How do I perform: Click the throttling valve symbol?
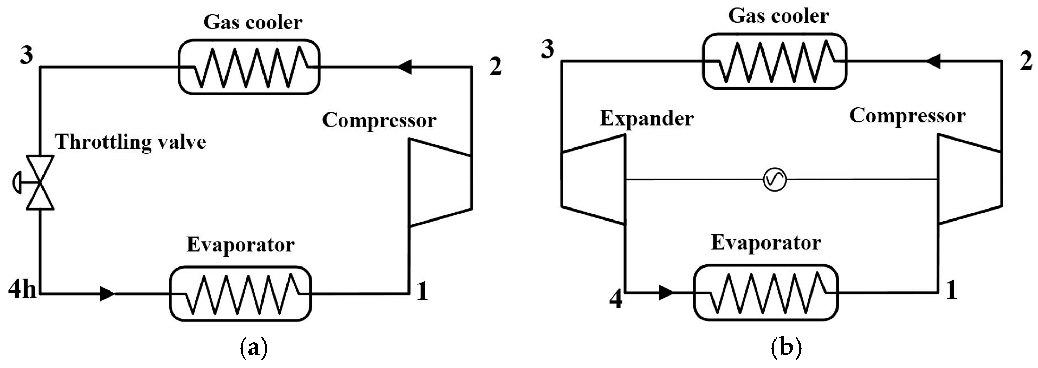click(40, 182)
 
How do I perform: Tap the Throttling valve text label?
click(131, 142)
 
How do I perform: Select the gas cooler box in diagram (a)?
click(249, 67)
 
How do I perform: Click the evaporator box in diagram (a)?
click(240, 294)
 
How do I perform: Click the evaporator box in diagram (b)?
click(766, 292)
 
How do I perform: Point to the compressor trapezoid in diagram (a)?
click(440, 182)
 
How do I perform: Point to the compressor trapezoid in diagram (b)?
click(970, 179)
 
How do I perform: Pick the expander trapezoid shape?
click(593, 179)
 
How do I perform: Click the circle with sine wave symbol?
click(774, 180)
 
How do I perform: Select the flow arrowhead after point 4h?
click(107, 294)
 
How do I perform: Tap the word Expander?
click(646, 119)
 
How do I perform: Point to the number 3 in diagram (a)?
click(27, 55)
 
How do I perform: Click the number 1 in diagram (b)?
click(951, 290)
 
